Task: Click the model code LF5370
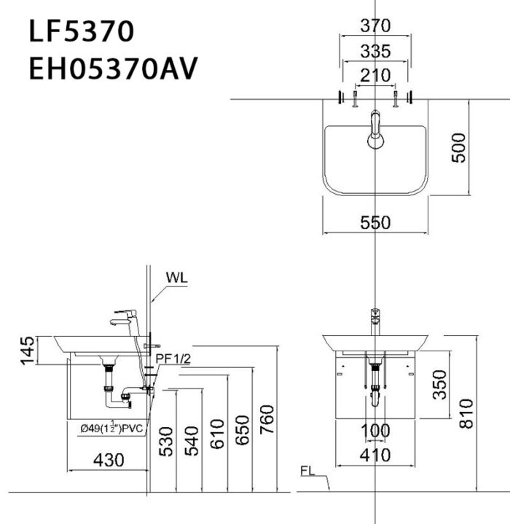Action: (81, 31)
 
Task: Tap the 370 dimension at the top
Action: (375, 26)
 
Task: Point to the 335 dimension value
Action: (375, 50)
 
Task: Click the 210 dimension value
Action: (375, 74)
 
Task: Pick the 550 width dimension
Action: (375, 223)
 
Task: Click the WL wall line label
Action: (177, 278)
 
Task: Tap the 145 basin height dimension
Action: (26, 351)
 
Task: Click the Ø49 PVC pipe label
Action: (112, 429)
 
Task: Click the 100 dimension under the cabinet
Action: (375, 431)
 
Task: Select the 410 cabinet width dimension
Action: (375, 455)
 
